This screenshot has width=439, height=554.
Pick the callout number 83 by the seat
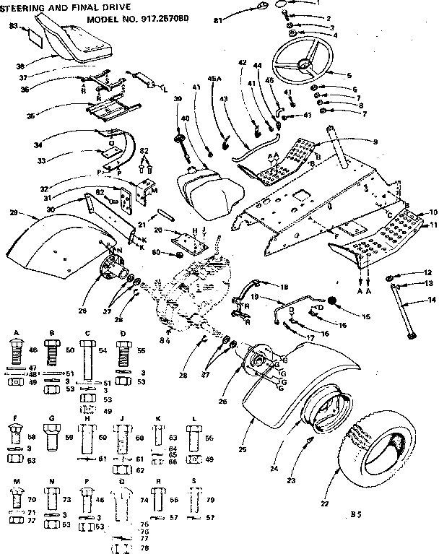coord(13,26)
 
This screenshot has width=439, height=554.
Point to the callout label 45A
coord(214,79)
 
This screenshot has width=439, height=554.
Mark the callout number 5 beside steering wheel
coord(349,74)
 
